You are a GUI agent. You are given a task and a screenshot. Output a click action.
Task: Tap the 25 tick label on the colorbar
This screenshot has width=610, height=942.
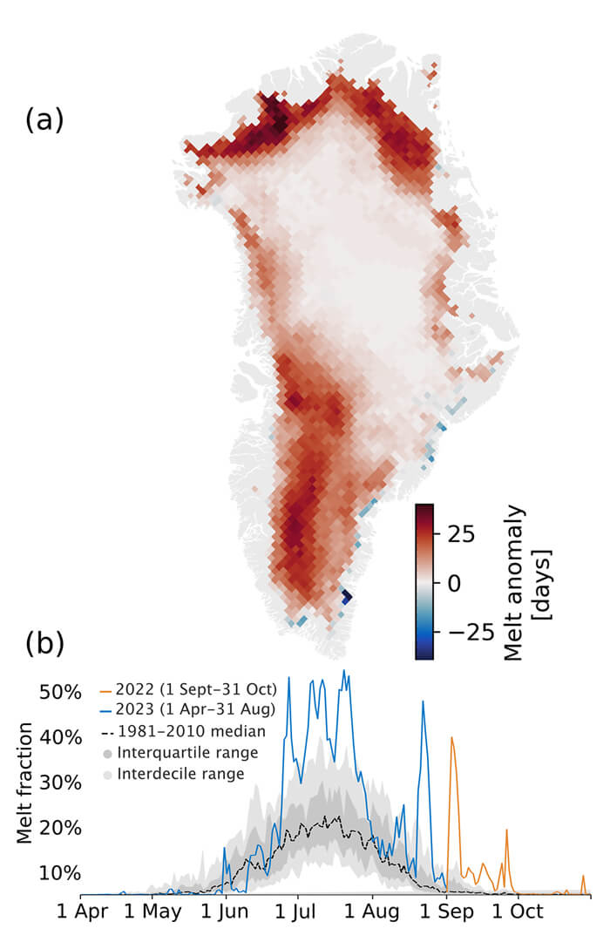pos(461,534)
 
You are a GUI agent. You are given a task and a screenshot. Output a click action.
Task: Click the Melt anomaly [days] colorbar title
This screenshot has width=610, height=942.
pos(526,582)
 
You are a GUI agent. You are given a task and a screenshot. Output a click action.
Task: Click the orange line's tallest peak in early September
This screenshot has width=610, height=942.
pos(451,737)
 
